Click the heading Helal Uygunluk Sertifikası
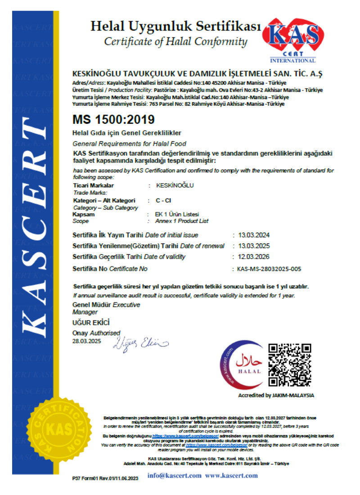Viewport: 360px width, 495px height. coord(176,27)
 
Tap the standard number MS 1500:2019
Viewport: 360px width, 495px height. coord(113,120)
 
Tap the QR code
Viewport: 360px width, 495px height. coord(290,365)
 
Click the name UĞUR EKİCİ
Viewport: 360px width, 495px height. coord(91,323)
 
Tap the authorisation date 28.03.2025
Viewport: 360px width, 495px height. coord(87,341)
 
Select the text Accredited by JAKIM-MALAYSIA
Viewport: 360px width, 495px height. coord(276,395)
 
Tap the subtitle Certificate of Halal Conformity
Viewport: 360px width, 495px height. coord(175,42)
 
